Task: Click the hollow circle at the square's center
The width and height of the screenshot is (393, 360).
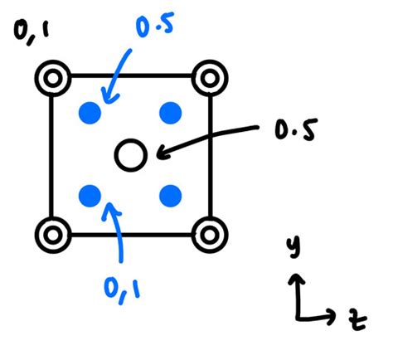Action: [x=130, y=153]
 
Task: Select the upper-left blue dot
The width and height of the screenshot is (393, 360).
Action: [x=90, y=112]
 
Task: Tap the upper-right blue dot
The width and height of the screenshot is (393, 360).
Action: [x=170, y=112]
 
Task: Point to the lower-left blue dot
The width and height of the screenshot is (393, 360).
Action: [x=90, y=196]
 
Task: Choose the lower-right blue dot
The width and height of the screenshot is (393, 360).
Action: [x=170, y=196]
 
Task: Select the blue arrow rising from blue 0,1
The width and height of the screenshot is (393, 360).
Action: [x=117, y=236]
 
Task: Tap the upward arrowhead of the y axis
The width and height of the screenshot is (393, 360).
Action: [x=295, y=279]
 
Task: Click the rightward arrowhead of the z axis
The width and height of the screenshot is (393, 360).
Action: [x=332, y=315]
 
